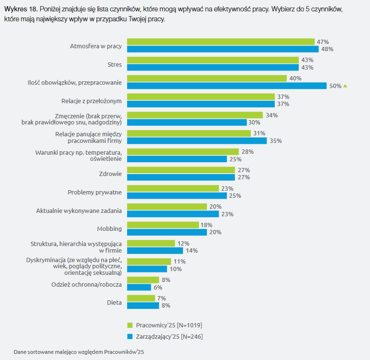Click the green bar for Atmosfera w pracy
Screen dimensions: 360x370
coord(221,42)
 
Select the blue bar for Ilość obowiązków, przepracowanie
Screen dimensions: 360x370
coord(227,86)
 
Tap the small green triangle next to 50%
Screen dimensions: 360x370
coord(345,86)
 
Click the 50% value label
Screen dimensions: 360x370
coord(335,86)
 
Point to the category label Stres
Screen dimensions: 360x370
coord(115,63)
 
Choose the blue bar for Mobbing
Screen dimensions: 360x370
coord(167,232)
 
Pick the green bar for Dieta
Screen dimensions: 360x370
coord(141,298)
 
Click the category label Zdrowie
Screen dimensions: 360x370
coord(112,174)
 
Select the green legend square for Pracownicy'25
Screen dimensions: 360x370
coord(129,325)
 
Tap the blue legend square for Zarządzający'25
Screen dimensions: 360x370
coord(129,337)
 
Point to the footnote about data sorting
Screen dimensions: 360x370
coord(78,352)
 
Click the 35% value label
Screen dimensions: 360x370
coord(275,141)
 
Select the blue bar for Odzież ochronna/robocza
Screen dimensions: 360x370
coord(139,287)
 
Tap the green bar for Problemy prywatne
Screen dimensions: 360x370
coord(173,188)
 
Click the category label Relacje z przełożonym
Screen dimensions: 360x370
coord(92,100)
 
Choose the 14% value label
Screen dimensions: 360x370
coord(191,251)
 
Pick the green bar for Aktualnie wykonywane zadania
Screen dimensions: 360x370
coord(167,207)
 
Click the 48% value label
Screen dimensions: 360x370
coord(327,49)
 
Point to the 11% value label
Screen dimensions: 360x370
coord(180,262)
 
